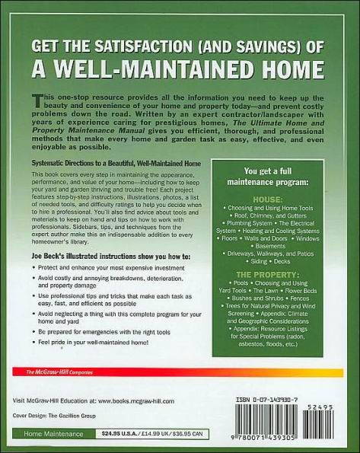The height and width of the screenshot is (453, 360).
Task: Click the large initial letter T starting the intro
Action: (34, 102)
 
